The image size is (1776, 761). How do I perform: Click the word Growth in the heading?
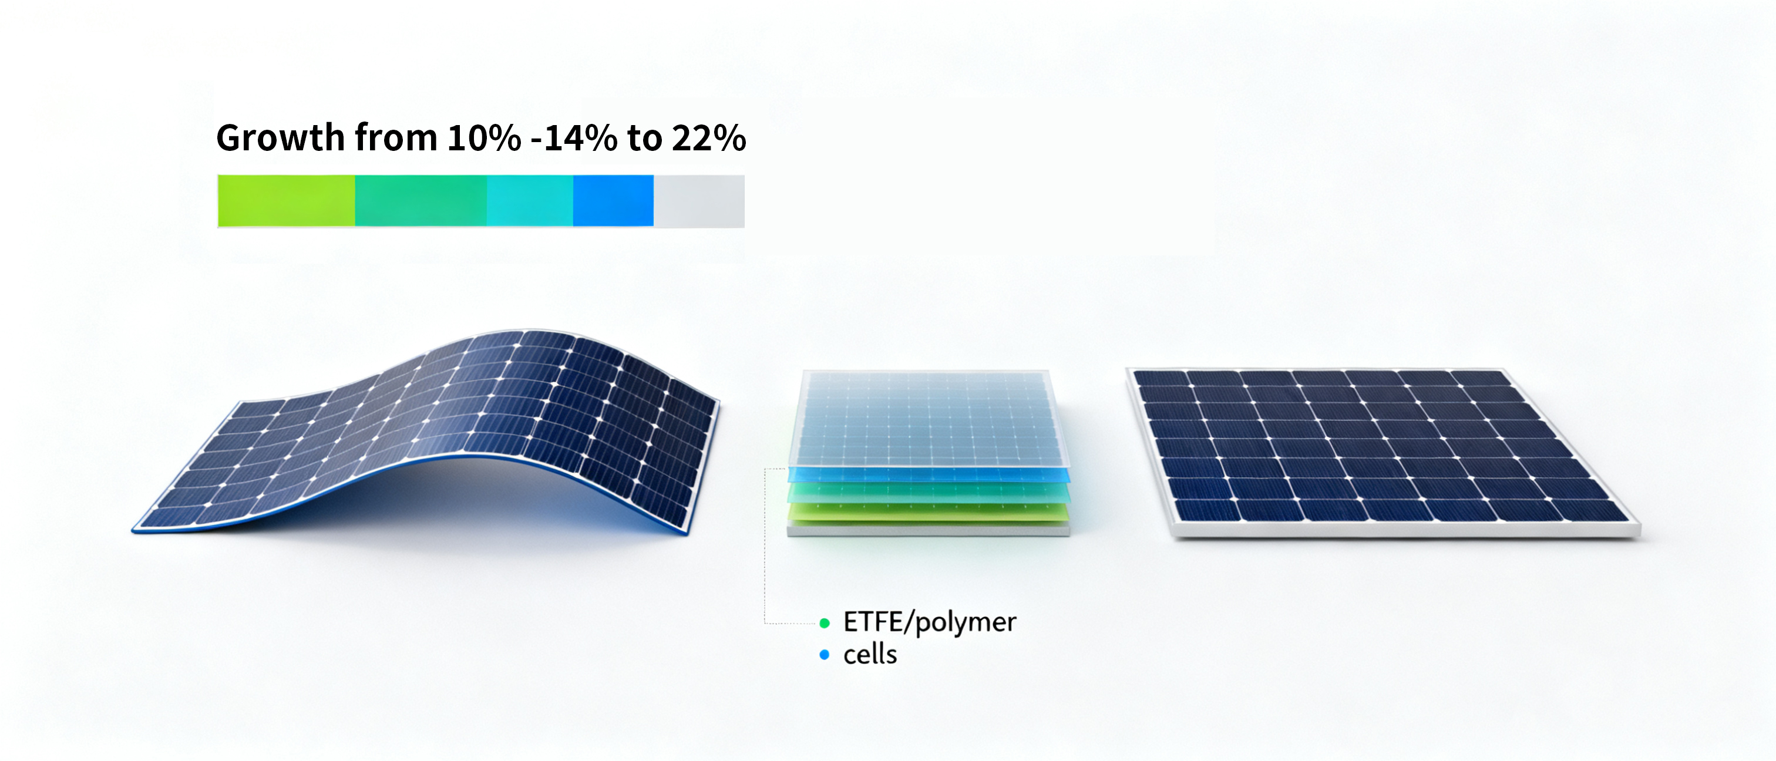click(x=280, y=138)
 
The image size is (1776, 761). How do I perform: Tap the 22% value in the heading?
click(x=709, y=138)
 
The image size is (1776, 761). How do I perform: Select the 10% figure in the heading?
click(x=484, y=138)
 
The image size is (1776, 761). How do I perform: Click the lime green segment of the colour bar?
click(x=287, y=201)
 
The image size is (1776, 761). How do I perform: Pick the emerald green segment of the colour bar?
click(x=421, y=201)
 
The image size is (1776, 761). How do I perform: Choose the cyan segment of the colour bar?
click(x=530, y=201)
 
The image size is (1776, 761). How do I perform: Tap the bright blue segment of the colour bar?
click(x=614, y=201)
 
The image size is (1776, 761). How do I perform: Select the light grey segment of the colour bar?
click(x=699, y=201)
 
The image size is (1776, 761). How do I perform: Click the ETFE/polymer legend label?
click(x=929, y=622)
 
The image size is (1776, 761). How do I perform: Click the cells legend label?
click(x=870, y=654)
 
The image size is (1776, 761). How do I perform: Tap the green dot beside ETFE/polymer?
click(x=825, y=624)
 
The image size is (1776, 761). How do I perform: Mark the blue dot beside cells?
click(x=825, y=655)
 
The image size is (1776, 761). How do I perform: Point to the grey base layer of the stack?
click(x=929, y=528)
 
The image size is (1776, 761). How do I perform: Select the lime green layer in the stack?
click(x=929, y=512)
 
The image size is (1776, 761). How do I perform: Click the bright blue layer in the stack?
click(x=929, y=474)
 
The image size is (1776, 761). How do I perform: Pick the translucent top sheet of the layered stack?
click(x=927, y=419)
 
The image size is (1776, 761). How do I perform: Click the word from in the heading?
click(x=396, y=138)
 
